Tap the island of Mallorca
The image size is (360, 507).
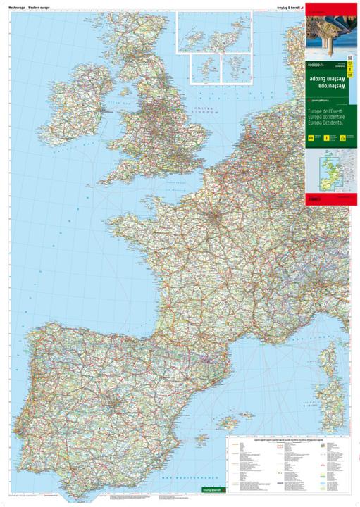click(229, 422)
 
